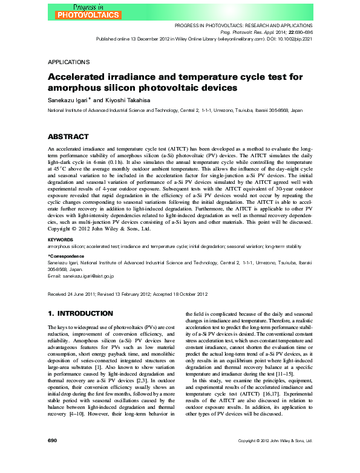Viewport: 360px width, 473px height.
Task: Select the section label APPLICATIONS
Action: (68, 62)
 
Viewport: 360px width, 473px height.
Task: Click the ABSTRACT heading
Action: (68, 137)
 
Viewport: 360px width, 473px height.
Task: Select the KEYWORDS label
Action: (61, 240)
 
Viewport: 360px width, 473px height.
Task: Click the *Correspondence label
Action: (67, 256)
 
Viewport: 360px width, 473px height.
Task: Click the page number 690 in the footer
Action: (52, 457)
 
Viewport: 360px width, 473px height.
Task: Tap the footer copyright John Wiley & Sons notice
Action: (275, 458)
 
